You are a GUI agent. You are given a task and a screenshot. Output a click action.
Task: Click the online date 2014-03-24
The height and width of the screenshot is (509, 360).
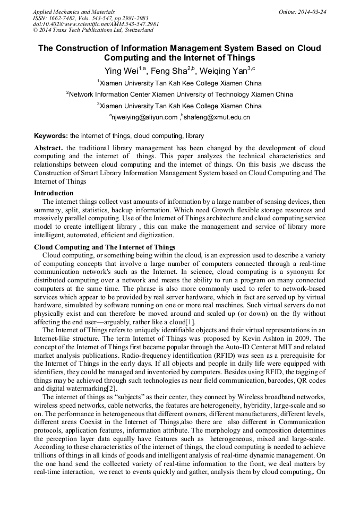(312, 12)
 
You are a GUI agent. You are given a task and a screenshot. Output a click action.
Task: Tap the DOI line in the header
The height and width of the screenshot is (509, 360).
(96, 24)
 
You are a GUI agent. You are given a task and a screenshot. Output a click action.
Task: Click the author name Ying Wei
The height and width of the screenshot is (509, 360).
(120, 70)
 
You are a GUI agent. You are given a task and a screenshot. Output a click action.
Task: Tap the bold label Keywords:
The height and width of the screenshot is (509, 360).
(51, 136)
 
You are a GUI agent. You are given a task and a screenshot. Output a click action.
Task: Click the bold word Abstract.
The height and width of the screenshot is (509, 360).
(49, 147)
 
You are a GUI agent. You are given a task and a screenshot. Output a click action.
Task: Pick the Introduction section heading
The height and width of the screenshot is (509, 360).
(54, 193)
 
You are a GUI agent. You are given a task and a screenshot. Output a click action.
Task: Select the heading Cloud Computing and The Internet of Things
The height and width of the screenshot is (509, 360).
(105, 247)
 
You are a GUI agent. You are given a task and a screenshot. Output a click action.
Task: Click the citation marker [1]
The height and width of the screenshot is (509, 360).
(190, 322)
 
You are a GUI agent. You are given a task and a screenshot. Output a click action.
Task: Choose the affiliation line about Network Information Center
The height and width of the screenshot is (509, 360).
(179, 94)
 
